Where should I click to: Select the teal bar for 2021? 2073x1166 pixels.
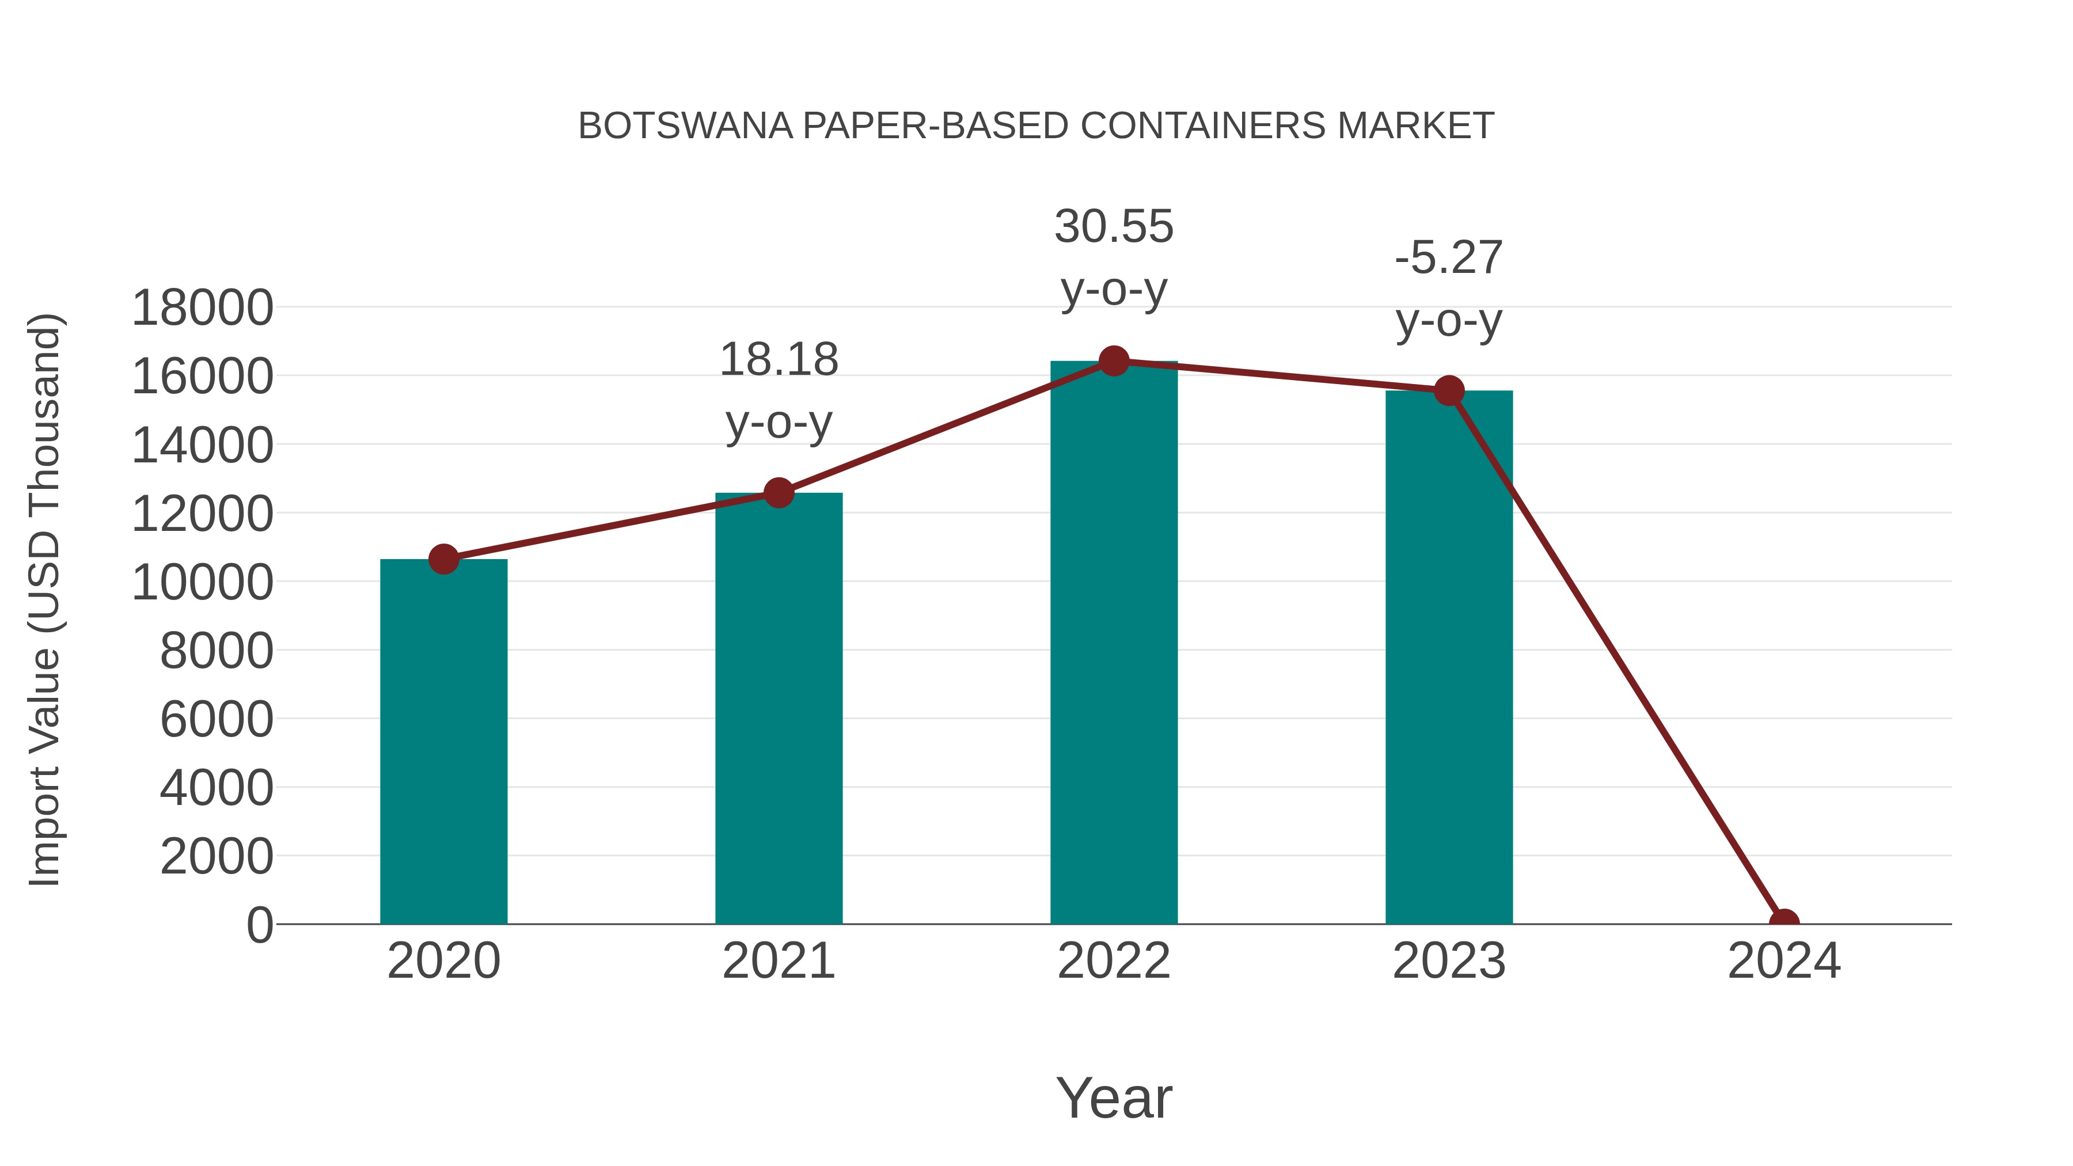(778, 708)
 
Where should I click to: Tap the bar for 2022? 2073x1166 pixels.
(1114, 644)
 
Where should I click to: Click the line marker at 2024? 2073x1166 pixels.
(1784, 922)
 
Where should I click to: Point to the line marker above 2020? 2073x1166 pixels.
(443, 559)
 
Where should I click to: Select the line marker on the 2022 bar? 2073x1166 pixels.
(1114, 361)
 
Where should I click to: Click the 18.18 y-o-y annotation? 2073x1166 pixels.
(778, 390)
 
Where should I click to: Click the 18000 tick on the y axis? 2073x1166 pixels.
(202, 307)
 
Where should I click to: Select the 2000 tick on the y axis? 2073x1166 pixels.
(217, 856)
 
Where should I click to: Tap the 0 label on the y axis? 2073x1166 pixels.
(259, 925)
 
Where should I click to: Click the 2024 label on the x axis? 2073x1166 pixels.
(1784, 961)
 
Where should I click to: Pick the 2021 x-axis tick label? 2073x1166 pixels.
(778, 961)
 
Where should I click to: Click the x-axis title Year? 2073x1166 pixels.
(1114, 1097)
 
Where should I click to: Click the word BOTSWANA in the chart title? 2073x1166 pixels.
(686, 126)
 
